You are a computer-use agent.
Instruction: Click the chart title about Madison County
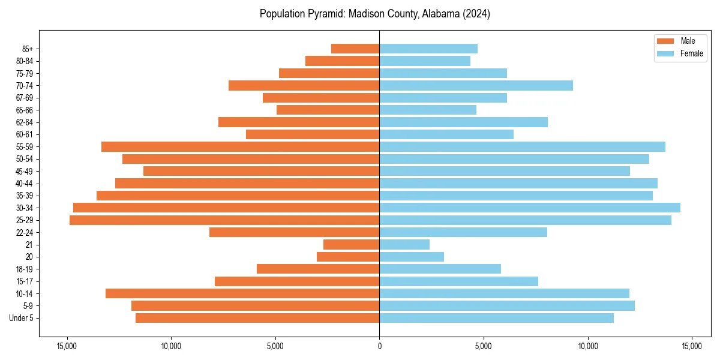click(x=375, y=14)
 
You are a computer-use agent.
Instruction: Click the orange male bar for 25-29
click(x=224, y=220)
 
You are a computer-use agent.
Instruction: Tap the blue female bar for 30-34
click(x=530, y=208)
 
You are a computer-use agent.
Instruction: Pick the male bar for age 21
click(x=351, y=244)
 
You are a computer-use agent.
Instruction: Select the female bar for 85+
click(x=428, y=49)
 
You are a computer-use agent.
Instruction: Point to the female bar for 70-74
click(x=476, y=85)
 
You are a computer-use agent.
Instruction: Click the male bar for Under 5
click(x=257, y=318)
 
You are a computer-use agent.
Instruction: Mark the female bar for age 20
click(x=412, y=257)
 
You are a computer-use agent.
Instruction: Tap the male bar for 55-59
click(x=240, y=146)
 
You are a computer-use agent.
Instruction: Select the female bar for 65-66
click(x=428, y=110)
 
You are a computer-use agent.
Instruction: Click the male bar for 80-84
click(x=342, y=61)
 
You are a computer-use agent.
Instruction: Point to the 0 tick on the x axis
click(x=379, y=346)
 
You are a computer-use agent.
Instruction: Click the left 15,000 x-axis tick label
click(x=67, y=346)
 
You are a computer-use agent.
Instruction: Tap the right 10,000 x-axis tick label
click(x=587, y=346)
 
